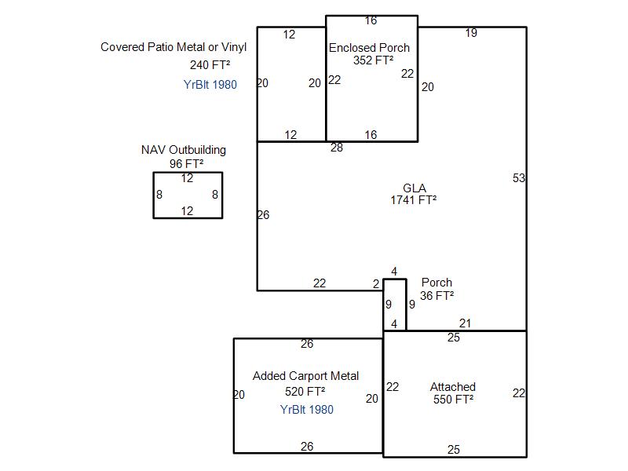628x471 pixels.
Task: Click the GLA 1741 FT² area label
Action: coord(414,194)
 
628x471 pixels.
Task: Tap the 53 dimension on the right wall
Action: coord(519,178)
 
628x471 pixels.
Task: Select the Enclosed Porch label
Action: coord(369,48)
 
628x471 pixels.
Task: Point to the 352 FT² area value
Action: coord(374,60)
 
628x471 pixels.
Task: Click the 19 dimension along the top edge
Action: coord(471,33)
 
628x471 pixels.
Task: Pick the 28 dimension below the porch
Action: coord(337,148)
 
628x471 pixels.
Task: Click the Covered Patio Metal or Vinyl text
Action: coord(173,47)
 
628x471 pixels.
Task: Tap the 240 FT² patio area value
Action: coord(210,65)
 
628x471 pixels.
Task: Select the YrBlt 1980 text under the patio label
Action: coord(210,85)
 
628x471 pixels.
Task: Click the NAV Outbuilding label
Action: coord(184,150)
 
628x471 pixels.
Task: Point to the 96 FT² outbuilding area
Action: coord(186,164)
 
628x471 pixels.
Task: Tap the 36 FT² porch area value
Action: coord(437,296)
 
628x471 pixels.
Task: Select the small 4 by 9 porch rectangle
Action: coord(384,305)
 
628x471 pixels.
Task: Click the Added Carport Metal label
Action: coord(305,376)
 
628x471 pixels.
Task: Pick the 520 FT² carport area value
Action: coord(305,391)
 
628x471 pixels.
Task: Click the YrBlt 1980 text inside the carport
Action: coord(307,410)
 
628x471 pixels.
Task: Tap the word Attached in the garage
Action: coord(453,387)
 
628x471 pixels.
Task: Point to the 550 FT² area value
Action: coord(454,400)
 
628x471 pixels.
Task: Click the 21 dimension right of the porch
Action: coord(465,323)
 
